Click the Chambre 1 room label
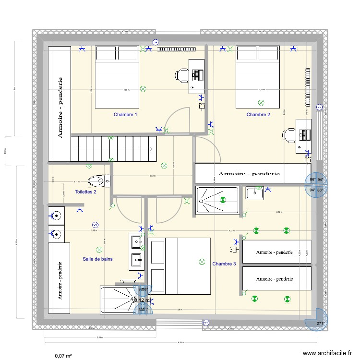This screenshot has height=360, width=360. (x=125, y=115)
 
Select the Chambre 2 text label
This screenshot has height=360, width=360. (x=258, y=114)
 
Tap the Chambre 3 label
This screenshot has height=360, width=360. (x=224, y=264)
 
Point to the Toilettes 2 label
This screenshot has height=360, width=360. (x=86, y=192)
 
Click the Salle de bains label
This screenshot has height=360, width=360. (x=97, y=259)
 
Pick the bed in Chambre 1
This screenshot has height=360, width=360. (x=117, y=77)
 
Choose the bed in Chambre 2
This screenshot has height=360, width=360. (x=258, y=77)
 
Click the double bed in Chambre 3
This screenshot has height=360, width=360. (x=180, y=265)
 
